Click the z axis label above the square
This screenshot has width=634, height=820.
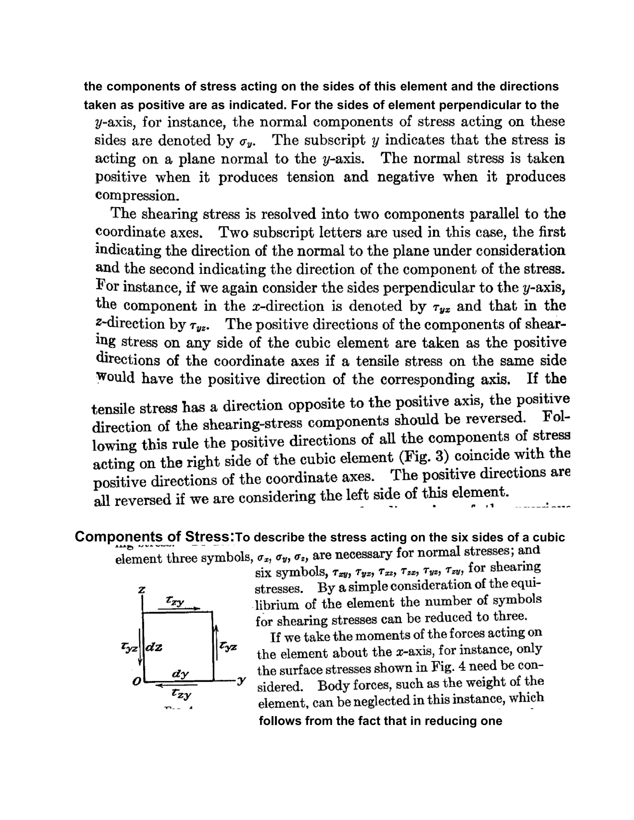click(141, 589)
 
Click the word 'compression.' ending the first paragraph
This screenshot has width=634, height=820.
click(137, 195)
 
